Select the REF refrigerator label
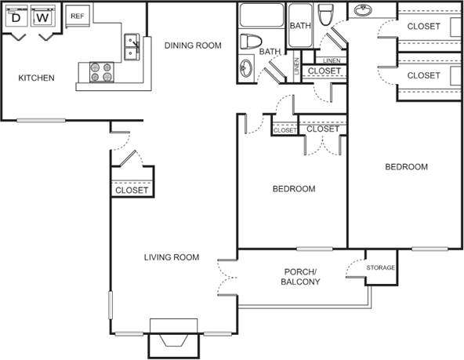click(77, 16)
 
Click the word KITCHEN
click(37, 78)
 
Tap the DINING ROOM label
click(193, 45)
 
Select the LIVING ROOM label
click(171, 257)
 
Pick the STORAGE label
click(382, 268)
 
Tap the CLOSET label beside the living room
click(132, 191)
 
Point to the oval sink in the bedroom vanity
click(363, 11)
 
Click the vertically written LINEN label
click(296, 67)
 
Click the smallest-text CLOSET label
click(285, 130)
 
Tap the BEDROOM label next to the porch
click(293, 189)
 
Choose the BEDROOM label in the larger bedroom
click(406, 167)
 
